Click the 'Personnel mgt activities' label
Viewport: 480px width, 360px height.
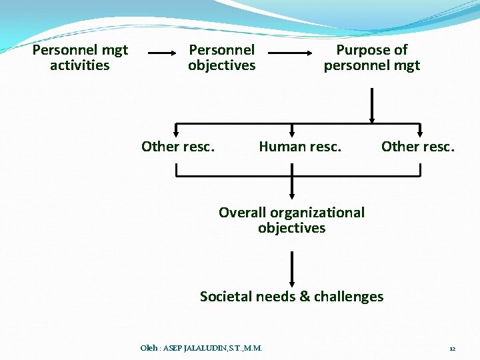80,57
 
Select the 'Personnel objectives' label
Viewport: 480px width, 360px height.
222,57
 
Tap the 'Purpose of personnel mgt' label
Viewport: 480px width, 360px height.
372,57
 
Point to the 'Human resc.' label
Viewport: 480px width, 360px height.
300,146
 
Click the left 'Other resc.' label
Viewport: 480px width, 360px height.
178,146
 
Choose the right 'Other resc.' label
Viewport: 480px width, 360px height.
418,146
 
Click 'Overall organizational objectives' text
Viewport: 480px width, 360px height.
292,220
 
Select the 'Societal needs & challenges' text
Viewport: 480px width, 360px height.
292,296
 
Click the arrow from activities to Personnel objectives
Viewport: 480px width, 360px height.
167,52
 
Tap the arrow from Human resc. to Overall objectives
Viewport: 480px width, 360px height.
292,183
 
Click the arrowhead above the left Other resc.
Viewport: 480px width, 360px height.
176,134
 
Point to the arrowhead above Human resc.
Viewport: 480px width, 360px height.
292,134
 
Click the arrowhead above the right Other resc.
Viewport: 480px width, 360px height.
420,134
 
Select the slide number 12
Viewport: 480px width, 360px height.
452,349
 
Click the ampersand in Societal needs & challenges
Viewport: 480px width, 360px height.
304,297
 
